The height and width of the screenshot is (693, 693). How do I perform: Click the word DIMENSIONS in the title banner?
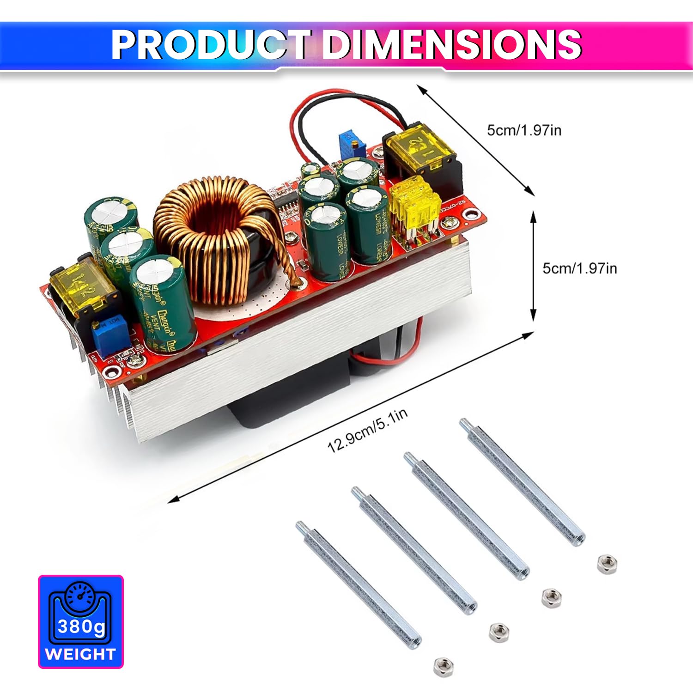pos(451,45)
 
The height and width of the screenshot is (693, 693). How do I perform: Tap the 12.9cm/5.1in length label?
pos(368,431)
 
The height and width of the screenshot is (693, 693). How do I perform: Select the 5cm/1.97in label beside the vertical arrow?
pos(579,268)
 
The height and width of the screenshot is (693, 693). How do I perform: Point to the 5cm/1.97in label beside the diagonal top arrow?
pos(524,130)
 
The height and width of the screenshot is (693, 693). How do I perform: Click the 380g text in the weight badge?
pos(81,627)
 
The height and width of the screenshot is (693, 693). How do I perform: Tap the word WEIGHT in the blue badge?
pos(80,654)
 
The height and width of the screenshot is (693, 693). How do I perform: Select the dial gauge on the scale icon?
pos(80,596)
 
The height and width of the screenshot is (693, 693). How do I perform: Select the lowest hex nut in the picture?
pos(444,666)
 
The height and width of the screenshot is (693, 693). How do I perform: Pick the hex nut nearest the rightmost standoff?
pos(607,564)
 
